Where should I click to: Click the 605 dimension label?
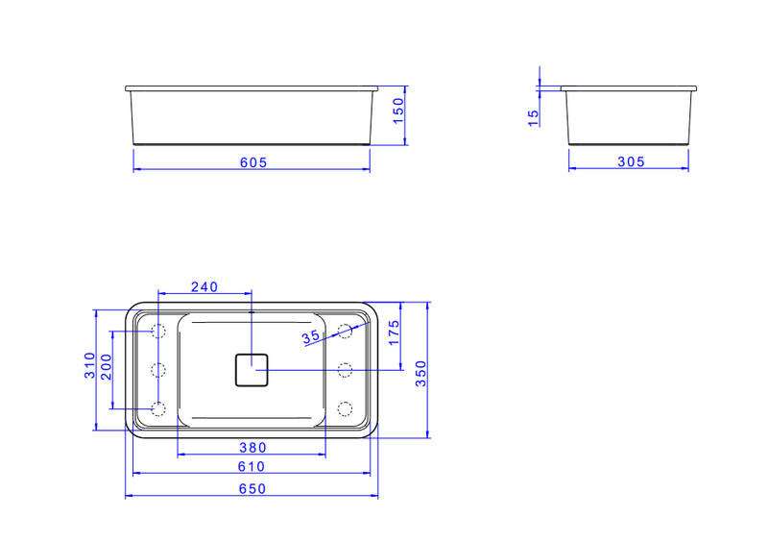tap(253, 162)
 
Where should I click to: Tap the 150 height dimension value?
tap(398, 111)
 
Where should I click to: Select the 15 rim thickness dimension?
tap(534, 117)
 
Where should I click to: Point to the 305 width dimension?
tap(631, 161)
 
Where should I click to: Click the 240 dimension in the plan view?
tap(204, 287)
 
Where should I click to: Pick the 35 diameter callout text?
tap(310, 337)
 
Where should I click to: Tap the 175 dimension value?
tap(394, 333)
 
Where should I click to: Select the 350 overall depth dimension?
tap(420, 374)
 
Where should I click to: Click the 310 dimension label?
tap(89, 365)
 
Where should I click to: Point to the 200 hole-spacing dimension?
tap(106, 367)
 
